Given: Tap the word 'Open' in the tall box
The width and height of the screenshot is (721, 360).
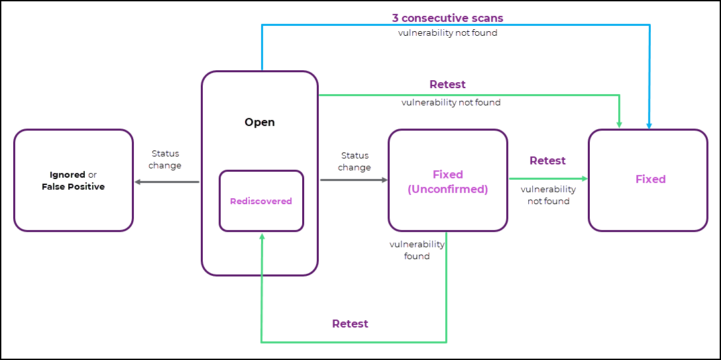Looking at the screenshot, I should pos(259,122).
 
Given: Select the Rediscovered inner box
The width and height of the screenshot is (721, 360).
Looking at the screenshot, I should pos(261,201).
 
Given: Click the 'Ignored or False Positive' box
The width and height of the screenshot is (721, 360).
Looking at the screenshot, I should pos(73,180).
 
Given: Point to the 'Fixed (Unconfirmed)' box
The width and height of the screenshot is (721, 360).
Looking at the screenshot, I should pos(447,181).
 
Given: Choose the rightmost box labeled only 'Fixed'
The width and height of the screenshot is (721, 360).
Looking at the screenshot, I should pos(648,180).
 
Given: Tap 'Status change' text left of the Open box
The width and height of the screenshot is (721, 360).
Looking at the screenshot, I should pos(165,160).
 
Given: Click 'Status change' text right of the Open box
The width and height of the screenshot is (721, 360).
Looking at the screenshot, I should pos(355,161).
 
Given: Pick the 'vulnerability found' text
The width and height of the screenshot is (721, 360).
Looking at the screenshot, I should pos(417,250).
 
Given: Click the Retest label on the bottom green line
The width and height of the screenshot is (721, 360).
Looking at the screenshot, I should pos(350,324).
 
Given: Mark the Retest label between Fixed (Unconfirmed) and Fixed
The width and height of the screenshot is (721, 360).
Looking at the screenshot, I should pos(547,160).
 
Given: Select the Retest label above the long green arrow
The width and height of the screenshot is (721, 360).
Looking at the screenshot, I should pos(447,84).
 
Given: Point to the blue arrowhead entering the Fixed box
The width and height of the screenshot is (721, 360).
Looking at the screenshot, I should pos(649,125).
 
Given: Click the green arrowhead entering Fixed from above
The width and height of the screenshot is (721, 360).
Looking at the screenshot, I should pos(619,124).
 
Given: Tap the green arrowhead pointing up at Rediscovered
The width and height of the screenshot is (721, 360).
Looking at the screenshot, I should pos(262,237).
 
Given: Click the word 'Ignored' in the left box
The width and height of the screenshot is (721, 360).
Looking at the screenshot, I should pos(67,175).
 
